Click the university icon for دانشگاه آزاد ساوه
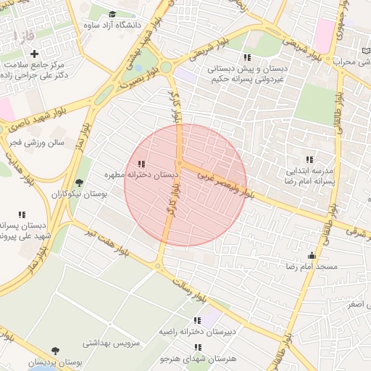(112, 14)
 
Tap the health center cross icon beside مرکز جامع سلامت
(35, 54)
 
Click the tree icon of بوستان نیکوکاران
(79, 183)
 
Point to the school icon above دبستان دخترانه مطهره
(141, 164)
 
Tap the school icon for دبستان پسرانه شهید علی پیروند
(22, 214)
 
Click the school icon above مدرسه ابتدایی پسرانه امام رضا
(309, 159)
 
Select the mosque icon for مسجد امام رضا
(312, 255)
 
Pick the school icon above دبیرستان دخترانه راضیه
(197, 320)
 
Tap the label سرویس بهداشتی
(110, 342)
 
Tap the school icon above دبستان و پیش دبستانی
(247, 57)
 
